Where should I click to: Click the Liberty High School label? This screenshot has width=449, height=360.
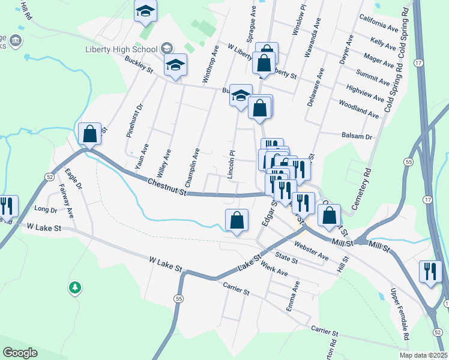[x=122, y=49]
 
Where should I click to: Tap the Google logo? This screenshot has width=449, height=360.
[x=20, y=353]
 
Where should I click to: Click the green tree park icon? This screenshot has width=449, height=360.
[x=74, y=289]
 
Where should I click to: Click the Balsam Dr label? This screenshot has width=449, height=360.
[x=357, y=136]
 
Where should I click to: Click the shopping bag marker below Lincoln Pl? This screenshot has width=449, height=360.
[x=237, y=220]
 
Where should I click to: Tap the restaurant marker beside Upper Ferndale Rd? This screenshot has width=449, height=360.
[x=430, y=271]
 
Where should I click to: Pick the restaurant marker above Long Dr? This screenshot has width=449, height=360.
[x=7, y=206]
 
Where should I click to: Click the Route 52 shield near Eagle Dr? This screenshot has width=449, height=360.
[x=49, y=175]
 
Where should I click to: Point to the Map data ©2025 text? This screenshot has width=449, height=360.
[x=423, y=355]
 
